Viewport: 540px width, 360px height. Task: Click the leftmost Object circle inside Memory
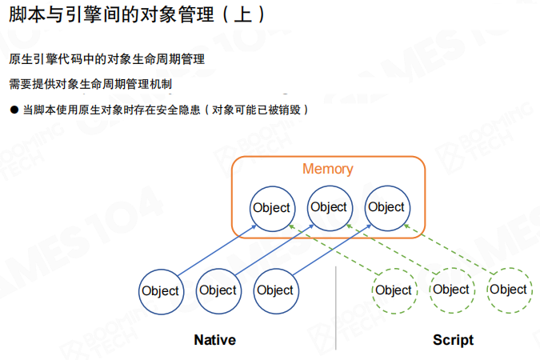[270, 208]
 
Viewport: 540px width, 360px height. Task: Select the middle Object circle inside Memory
[329, 207]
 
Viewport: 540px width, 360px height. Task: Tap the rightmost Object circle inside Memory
[386, 207]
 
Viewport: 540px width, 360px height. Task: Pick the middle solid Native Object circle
[218, 290]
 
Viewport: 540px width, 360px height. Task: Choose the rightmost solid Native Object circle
[275, 290]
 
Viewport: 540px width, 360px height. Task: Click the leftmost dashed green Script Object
[394, 290]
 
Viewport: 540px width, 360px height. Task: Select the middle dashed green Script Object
[451, 290]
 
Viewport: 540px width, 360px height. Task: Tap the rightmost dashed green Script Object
[509, 290]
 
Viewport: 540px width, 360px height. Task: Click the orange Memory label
[327, 170]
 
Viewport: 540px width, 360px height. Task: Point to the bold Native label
[214, 340]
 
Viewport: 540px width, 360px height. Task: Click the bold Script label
[453, 340]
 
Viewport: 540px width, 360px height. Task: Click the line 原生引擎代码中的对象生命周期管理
[106, 59]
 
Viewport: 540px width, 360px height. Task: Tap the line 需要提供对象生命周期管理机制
[90, 84]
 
